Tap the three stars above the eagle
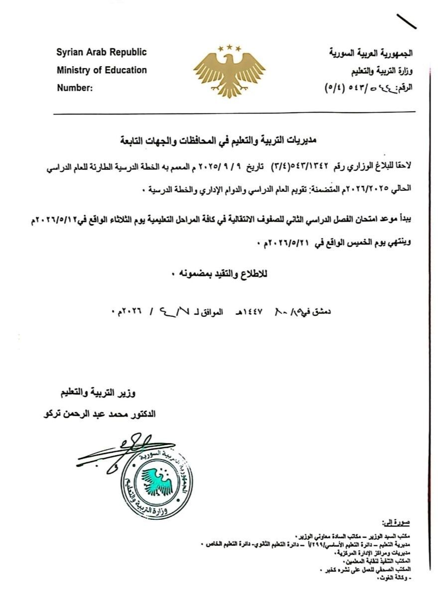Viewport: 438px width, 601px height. coord(229,48)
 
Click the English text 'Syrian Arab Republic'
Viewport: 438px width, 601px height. coord(102,52)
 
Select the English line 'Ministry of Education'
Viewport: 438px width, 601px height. coord(102,70)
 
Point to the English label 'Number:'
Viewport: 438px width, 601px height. coord(75,88)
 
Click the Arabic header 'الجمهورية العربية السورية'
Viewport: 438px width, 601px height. coord(372,53)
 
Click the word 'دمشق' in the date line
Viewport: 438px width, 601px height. coord(321,312)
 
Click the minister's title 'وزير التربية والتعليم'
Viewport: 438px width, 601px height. coord(95,394)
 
